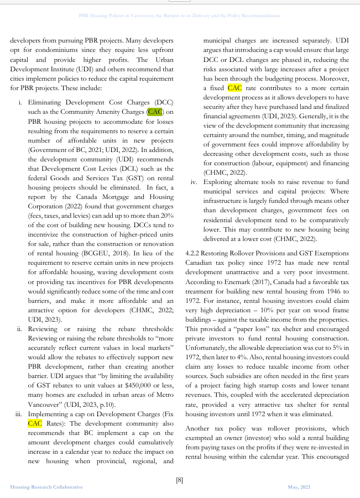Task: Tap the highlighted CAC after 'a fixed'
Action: click(x=234, y=87)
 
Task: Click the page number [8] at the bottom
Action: click(x=179, y=480)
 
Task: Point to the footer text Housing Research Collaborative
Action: click(x=46, y=487)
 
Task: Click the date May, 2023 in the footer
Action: click(x=299, y=487)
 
